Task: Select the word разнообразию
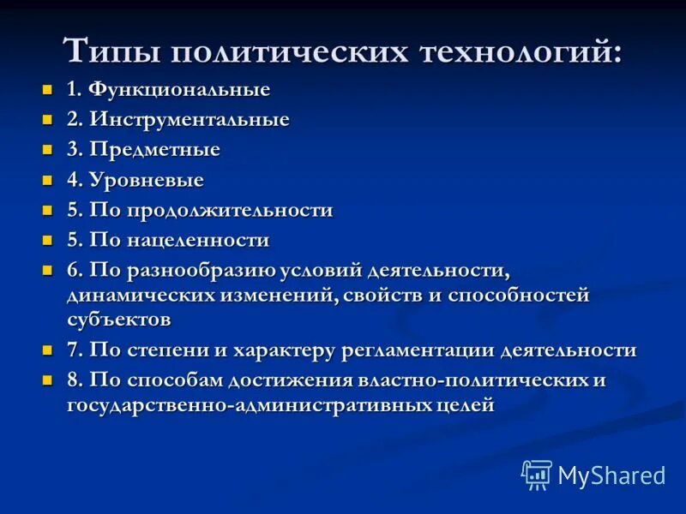(202, 271)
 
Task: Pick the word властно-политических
(466, 380)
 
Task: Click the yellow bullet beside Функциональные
(48, 89)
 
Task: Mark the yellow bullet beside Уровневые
(48, 179)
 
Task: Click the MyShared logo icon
(537, 475)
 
